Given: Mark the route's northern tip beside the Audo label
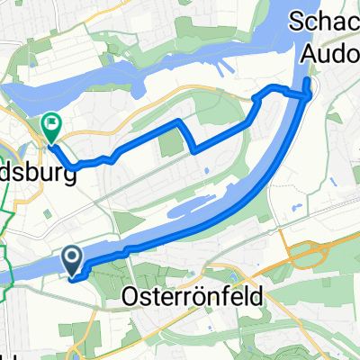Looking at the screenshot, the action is coord(309,83).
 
